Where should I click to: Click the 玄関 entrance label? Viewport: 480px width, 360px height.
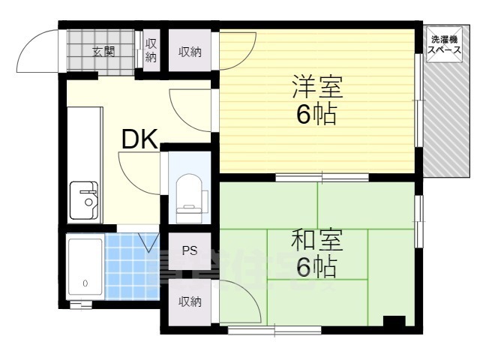(x=103, y=52)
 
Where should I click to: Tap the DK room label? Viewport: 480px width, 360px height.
(x=139, y=139)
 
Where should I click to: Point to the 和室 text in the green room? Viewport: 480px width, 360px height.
(x=316, y=241)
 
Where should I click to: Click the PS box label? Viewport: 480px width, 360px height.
(x=189, y=250)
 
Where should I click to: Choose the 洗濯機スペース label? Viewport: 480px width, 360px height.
(x=444, y=43)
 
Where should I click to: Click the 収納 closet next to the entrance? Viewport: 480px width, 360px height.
(x=151, y=51)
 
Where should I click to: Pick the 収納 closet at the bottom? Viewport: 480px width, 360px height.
(x=189, y=301)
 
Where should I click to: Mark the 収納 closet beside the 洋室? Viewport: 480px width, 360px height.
(x=189, y=52)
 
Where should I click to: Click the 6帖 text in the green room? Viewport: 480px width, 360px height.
(x=316, y=266)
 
